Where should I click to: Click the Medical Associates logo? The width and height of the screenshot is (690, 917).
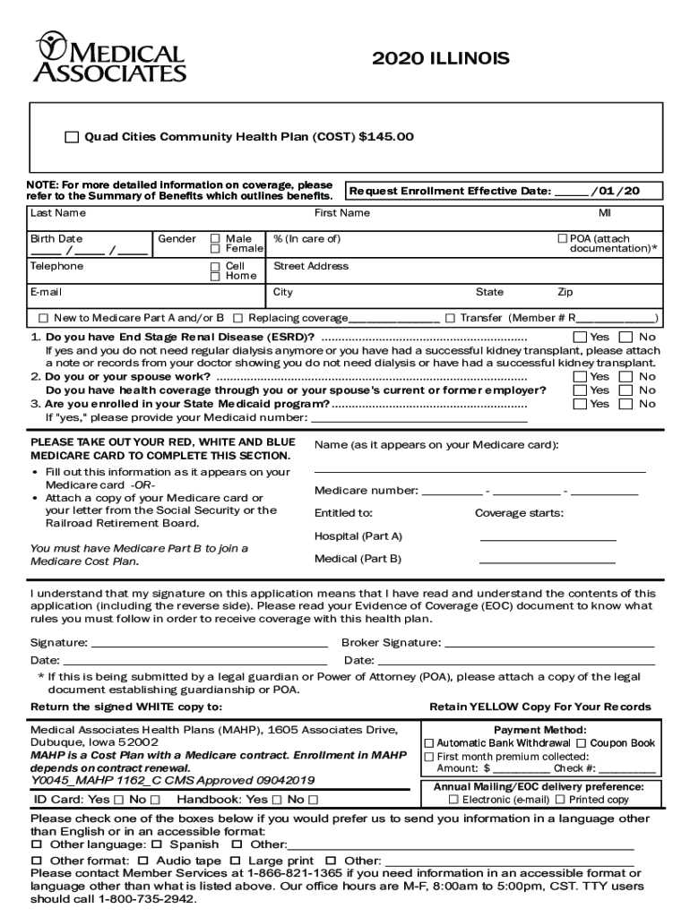tap(109, 57)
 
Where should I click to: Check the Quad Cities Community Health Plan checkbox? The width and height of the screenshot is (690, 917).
tap(72, 137)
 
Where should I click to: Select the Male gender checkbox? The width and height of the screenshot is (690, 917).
tap(215, 239)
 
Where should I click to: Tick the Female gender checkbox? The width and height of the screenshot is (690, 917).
tap(215, 249)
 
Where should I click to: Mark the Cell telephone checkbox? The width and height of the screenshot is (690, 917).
tap(215, 267)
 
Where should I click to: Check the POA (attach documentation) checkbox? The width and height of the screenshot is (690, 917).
tap(563, 239)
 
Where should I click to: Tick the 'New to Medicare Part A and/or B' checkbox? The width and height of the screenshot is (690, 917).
tap(43, 318)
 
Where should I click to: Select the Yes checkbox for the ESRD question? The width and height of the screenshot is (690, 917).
tap(579, 338)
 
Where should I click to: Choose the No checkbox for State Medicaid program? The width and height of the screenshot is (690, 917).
tap(626, 404)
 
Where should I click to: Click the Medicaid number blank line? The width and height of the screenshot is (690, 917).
tap(425, 419)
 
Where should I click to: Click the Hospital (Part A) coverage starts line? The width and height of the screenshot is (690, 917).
tap(548, 540)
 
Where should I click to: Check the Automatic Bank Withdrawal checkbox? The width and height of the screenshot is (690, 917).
tap(428, 743)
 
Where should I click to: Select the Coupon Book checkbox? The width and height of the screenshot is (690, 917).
tap(582, 743)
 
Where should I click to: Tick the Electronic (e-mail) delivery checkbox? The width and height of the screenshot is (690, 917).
tap(453, 800)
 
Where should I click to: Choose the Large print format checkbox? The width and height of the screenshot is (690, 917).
tap(242, 861)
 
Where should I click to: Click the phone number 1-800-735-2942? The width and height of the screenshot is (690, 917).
tap(147, 898)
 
